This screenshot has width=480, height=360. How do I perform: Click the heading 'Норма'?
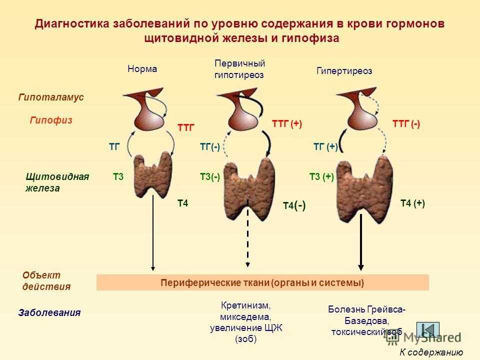(142, 68)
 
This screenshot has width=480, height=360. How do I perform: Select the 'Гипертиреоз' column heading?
(344, 71)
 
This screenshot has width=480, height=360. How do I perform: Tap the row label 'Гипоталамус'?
(51, 97)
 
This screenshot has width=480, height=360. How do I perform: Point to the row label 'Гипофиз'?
(51, 120)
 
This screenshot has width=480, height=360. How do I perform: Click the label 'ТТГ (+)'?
(287, 124)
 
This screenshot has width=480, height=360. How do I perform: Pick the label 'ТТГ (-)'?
(406, 124)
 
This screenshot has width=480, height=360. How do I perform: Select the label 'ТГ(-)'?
(210, 147)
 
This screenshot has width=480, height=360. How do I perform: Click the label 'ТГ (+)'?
(325, 147)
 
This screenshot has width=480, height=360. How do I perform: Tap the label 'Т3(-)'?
(210, 177)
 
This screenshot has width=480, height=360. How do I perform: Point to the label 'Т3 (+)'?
(321, 176)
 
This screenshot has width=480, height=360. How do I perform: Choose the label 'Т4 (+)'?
(412, 203)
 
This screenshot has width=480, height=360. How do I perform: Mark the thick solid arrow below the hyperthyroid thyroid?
(361, 242)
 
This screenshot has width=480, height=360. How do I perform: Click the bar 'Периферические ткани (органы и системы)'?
(262, 282)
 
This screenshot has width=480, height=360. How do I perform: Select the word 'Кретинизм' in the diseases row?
(245, 305)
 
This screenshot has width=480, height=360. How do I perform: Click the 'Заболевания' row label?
(49, 312)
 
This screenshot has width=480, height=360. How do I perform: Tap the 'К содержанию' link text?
(431, 352)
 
